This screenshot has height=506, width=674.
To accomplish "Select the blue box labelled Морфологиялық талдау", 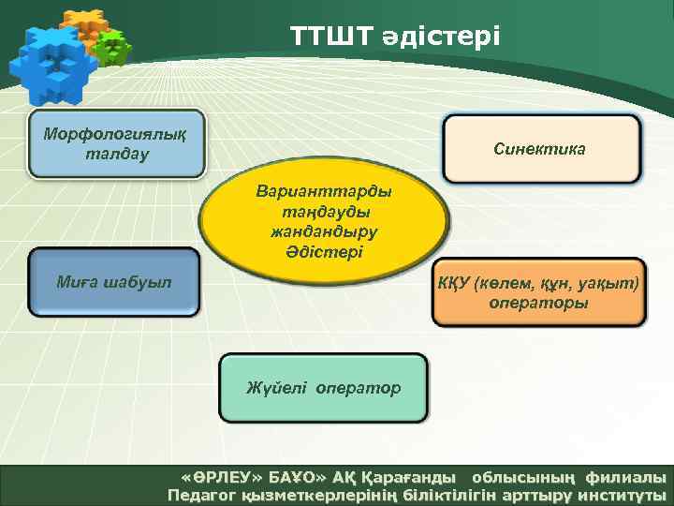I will pyautogui.click(x=116, y=145).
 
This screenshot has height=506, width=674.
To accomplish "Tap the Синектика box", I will pyautogui.click(x=541, y=148).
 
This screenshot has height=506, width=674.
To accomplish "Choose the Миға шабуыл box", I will pyautogui.click(x=113, y=281).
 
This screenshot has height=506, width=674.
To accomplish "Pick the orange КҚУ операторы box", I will pyautogui.click(x=538, y=292).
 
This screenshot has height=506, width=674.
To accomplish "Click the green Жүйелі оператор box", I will pyautogui.click(x=323, y=387).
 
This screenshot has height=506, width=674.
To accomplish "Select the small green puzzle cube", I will pyautogui.click(x=113, y=47).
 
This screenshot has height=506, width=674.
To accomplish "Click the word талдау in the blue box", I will pyautogui.click(x=116, y=155).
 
